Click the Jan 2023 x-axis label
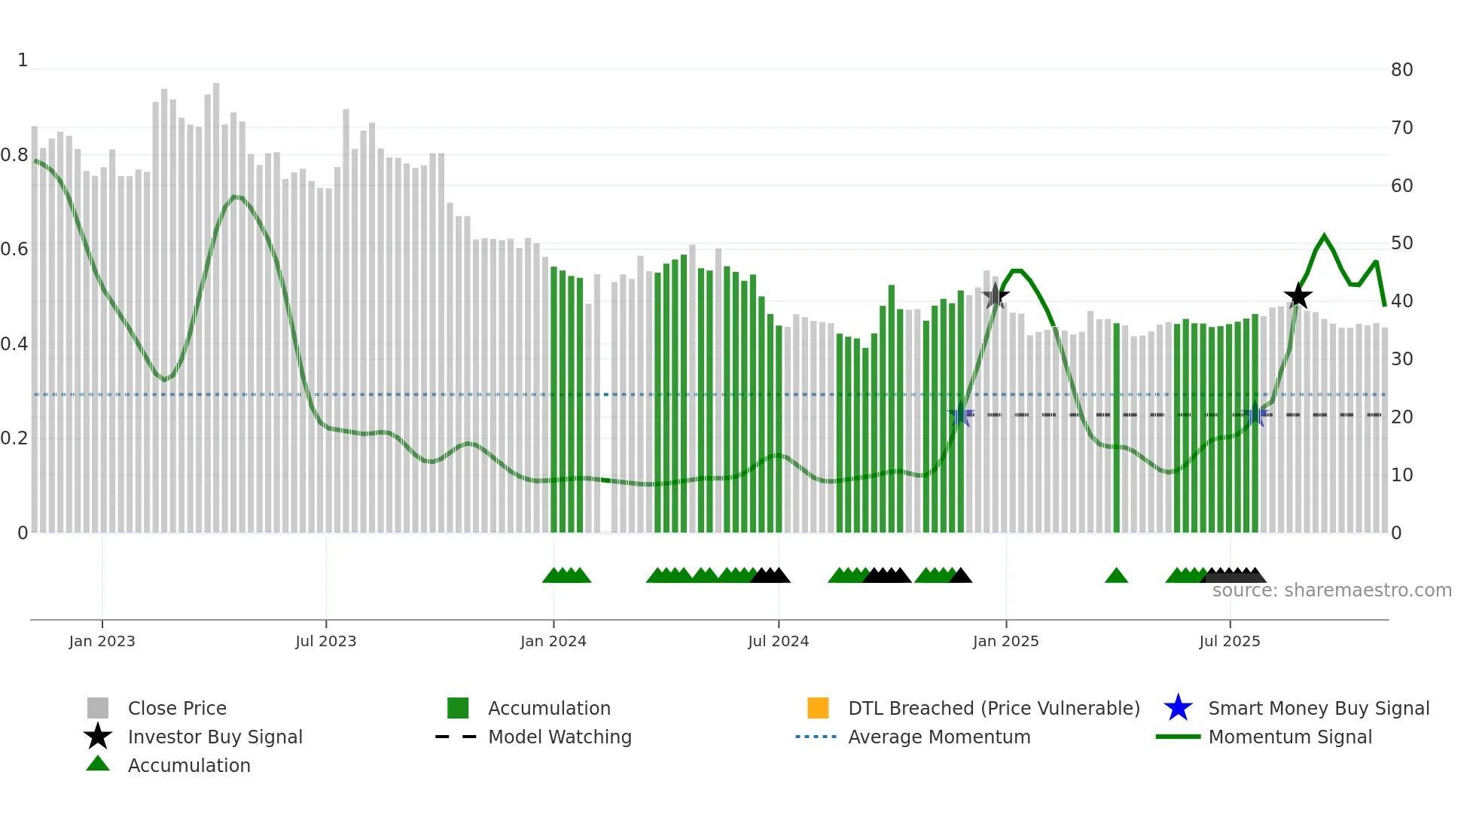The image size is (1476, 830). pyautogui.click(x=102, y=641)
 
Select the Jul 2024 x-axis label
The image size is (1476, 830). pyautogui.click(x=778, y=641)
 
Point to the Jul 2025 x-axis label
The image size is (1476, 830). pyautogui.click(x=1229, y=641)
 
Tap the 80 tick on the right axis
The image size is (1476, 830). pyautogui.click(x=1401, y=70)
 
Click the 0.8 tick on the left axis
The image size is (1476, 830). pyautogui.click(x=14, y=155)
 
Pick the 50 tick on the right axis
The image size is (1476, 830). pyautogui.click(x=1401, y=243)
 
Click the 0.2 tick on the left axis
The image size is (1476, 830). pyautogui.click(x=14, y=438)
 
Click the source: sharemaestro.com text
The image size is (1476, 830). pyautogui.click(x=1331, y=590)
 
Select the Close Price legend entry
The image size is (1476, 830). pyautogui.click(x=177, y=708)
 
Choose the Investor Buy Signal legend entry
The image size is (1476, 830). pyautogui.click(x=215, y=737)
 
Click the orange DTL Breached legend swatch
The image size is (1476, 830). pyautogui.click(x=818, y=708)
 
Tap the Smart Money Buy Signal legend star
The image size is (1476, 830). pyautogui.click(x=1178, y=708)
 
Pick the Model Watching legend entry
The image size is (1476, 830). pyautogui.click(x=560, y=737)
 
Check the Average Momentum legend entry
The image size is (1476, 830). pyautogui.click(x=939, y=737)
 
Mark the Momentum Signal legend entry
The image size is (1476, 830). pyautogui.click(x=1290, y=737)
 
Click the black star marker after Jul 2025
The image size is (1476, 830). pyautogui.click(x=1298, y=296)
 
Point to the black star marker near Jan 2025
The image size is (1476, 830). pyautogui.click(x=996, y=295)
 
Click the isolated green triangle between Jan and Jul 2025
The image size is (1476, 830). pyautogui.click(x=1116, y=576)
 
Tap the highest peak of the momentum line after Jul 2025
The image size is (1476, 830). pyautogui.click(x=1324, y=236)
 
